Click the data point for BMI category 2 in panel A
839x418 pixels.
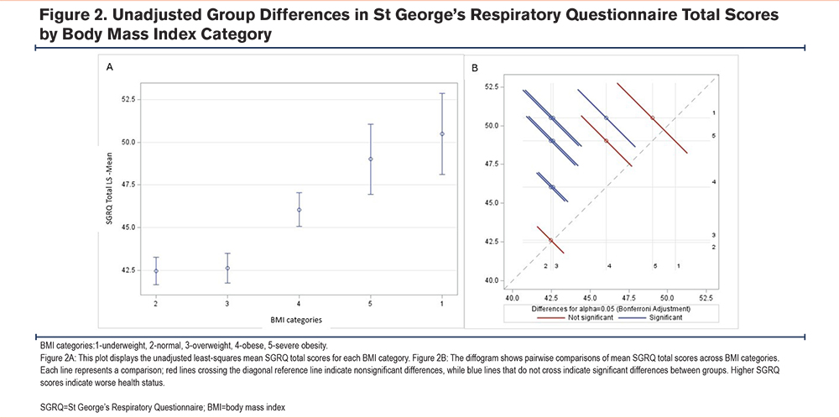pos(156,271)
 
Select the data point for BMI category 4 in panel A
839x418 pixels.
pos(300,210)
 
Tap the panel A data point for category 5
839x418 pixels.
pos(371,159)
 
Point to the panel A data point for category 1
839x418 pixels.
pos(442,133)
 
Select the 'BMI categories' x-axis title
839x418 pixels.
pos(299,320)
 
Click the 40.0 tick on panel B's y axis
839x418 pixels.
pos(492,280)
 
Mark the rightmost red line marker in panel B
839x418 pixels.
pos(652,118)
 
